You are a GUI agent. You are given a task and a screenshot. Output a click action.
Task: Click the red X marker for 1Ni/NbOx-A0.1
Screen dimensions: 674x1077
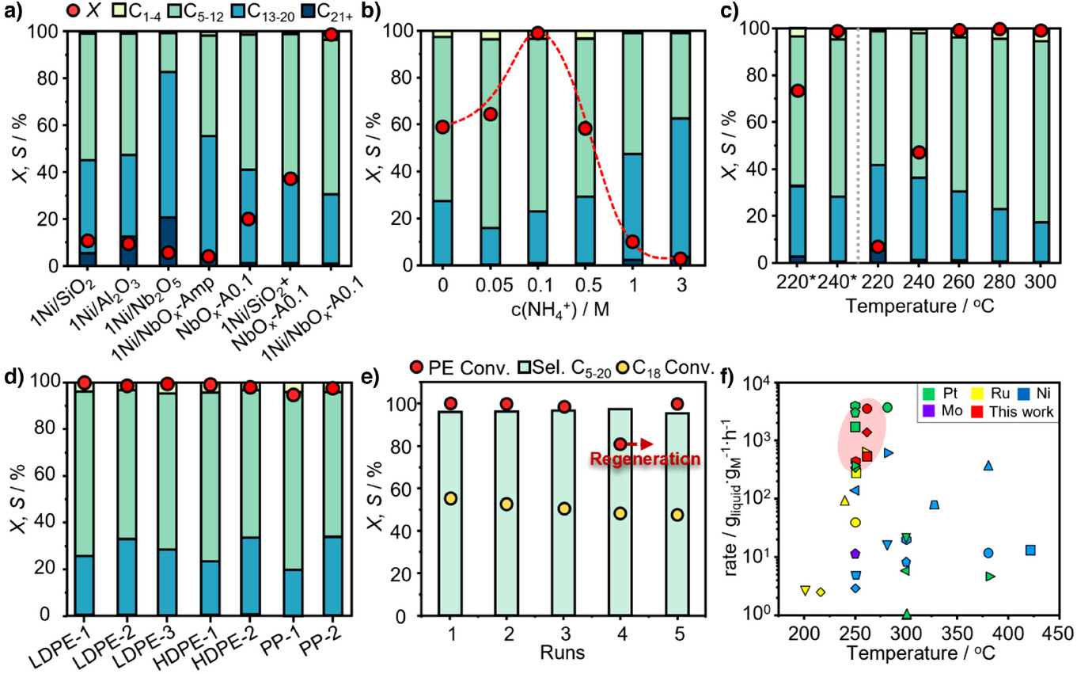pyautogui.click(x=332, y=34)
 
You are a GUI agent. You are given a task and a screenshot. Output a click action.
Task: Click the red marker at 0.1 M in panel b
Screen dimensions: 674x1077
pyautogui.click(x=537, y=33)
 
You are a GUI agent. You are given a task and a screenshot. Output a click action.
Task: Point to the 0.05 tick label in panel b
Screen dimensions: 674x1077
pyautogui.click(x=490, y=284)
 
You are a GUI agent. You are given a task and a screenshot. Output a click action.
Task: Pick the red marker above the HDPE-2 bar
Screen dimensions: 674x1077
pyautogui.click(x=250, y=387)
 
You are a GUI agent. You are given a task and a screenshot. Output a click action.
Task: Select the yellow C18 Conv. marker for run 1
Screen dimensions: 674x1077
pyautogui.click(x=450, y=498)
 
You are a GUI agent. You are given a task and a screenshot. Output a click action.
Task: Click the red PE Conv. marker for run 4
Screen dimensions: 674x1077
pyautogui.click(x=620, y=444)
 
